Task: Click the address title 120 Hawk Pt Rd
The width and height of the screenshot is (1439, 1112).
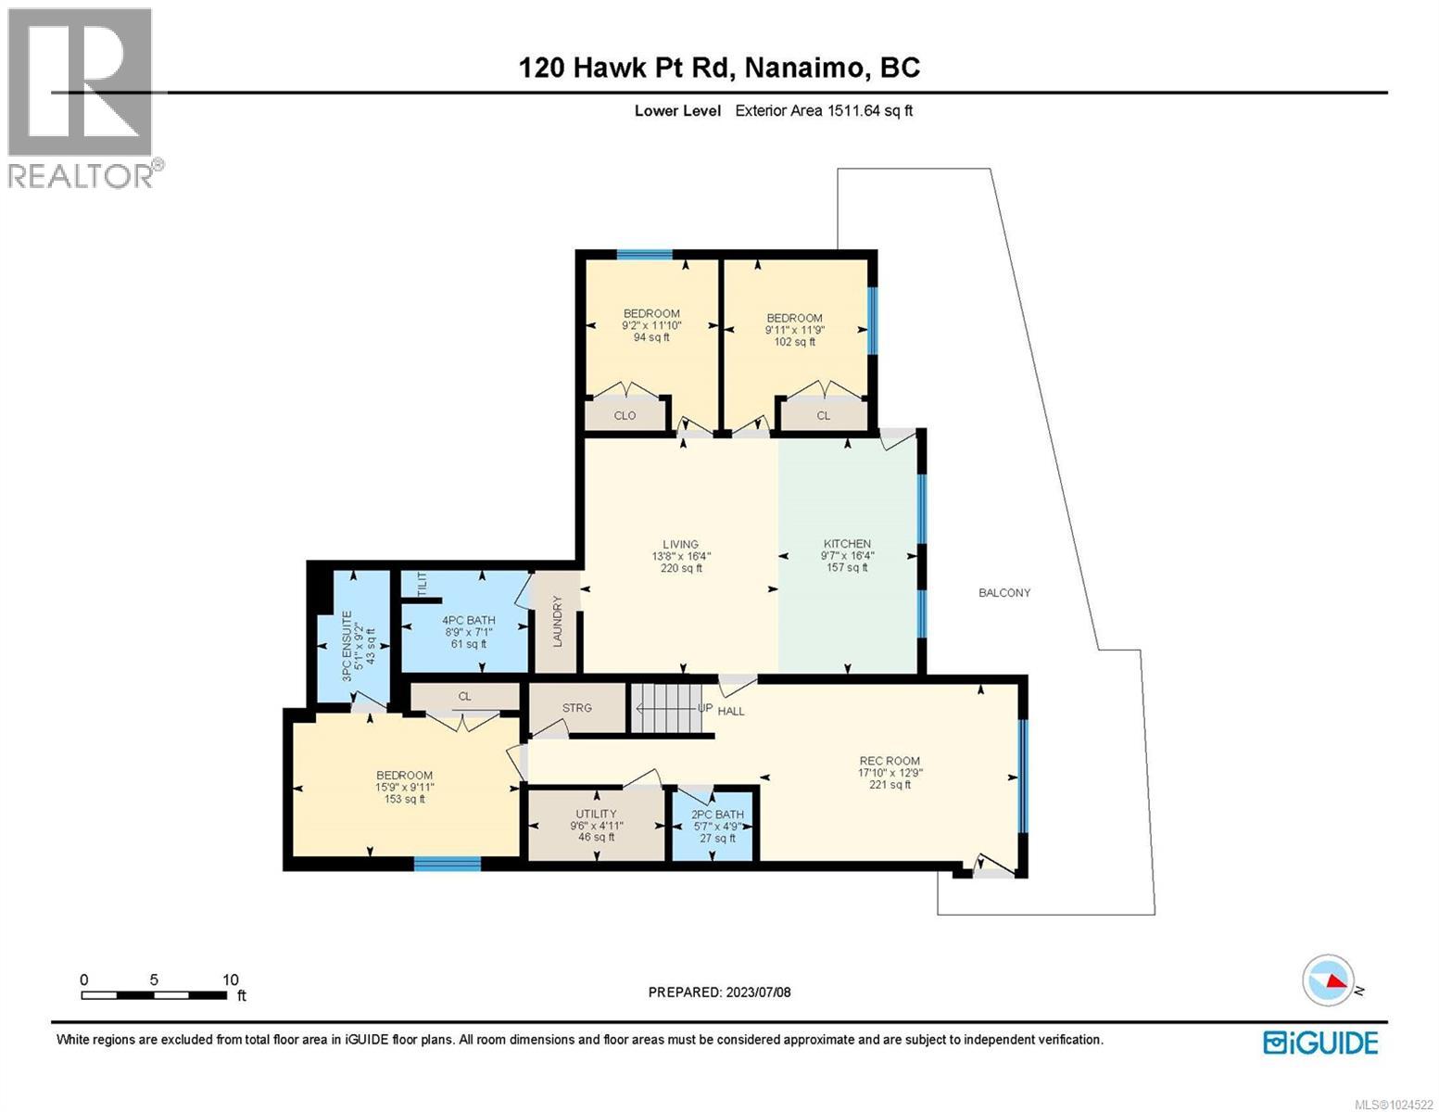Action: coord(719,68)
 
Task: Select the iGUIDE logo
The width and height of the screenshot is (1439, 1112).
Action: coord(1320,1042)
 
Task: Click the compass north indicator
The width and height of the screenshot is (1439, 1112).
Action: coord(1328,980)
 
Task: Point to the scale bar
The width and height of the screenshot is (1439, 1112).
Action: coord(155,995)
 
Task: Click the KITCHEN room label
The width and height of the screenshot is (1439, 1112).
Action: coord(847,544)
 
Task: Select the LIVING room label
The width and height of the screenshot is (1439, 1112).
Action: coord(680,545)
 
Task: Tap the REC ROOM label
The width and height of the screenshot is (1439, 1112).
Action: coord(889,761)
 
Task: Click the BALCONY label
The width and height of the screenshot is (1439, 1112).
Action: coord(1004,593)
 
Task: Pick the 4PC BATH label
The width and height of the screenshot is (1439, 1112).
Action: coord(468,621)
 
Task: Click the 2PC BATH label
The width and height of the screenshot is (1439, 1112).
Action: coord(717,815)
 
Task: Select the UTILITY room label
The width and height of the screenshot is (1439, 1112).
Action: coord(596,814)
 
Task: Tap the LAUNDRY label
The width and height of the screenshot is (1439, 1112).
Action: coord(558,621)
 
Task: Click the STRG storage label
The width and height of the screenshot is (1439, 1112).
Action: coord(576,708)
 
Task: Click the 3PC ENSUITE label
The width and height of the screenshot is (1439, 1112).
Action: coord(347,646)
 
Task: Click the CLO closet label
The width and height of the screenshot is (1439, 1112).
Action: coord(625,415)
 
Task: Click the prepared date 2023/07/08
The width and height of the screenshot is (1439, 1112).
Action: coord(719,992)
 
